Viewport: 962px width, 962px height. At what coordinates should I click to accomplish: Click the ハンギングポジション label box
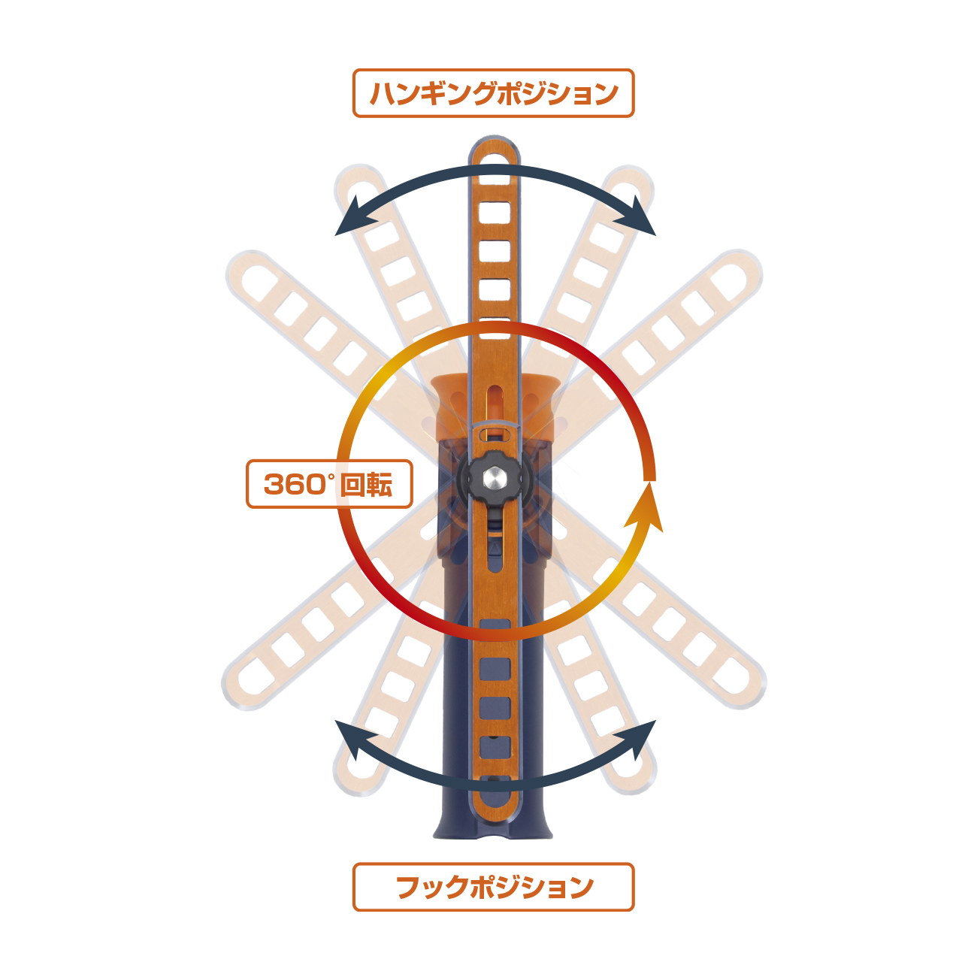pos(493,93)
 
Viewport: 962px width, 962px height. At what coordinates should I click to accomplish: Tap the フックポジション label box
pos(493,887)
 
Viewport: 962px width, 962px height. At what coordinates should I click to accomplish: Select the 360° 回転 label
pos(329,484)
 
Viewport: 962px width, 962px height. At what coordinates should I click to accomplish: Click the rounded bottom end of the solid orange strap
pos(495,809)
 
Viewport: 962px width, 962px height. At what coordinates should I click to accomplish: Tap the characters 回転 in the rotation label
pos(366,484)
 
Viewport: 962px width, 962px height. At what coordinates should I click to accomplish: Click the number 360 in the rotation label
pos(295,484)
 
